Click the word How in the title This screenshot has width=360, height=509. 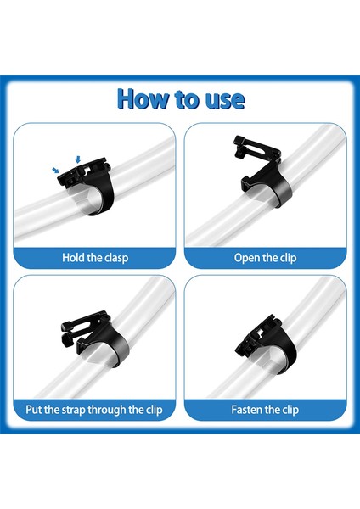(x=143, y=98)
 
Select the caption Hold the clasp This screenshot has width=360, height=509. (x=95, y=258)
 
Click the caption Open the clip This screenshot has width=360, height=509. (x=265, y=258)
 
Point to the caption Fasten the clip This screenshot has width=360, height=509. (x=265, y=410)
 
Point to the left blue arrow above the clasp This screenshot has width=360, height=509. (x=55, y=171)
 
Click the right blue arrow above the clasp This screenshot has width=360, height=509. (x=77, y=159)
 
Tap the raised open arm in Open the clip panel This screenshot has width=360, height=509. (x=256, y=148)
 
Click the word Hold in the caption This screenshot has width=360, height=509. (x=73, y=258)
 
